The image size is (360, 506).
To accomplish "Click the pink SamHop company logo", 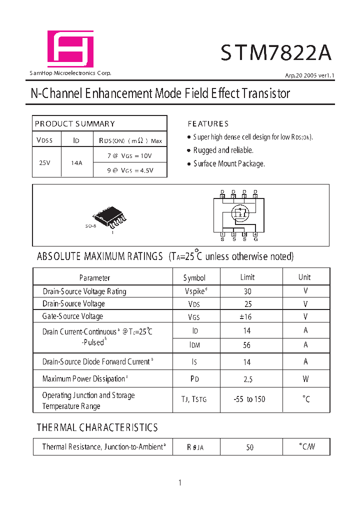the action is click(x=70, y=49).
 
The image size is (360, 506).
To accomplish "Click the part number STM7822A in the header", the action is click(x=276, y=52).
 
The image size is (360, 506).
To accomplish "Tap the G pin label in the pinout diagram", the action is click(x=255, y=239).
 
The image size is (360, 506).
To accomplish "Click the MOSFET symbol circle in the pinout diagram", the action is click(x=239, y=212).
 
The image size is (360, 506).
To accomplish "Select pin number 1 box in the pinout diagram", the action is click(x=222, y=234).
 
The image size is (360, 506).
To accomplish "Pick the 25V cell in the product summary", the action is click(x=44, y=162).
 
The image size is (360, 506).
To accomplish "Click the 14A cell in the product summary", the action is click(x=76, y=162).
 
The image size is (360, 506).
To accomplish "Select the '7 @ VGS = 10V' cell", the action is click(x=129, y=155).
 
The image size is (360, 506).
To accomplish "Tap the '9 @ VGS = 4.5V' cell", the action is click(x=130, y=170).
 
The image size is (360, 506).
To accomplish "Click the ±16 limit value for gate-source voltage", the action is click(x=248, y=316).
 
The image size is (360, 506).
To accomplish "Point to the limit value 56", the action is click(x=247, y=345).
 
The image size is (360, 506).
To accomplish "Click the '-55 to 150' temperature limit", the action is click(x=249, y=399).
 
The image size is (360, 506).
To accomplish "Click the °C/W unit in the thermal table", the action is click(x=306, y=446).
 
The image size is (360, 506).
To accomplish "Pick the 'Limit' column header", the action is click(x=247, y=277).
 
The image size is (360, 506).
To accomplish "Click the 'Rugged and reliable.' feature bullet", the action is click(x=223, y=150).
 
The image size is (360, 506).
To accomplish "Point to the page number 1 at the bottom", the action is click(x=179, y=482).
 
